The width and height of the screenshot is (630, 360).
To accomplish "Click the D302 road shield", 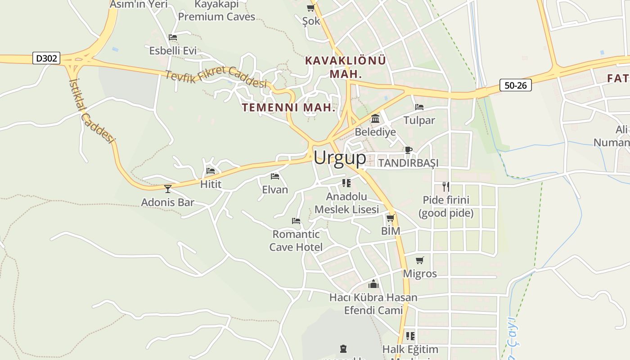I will pos(46,58).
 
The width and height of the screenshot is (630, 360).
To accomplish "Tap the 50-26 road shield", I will pos(515,85).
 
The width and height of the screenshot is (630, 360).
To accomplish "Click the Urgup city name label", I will pos(340,158).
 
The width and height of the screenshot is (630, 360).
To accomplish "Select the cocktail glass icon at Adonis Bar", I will pos(168,189).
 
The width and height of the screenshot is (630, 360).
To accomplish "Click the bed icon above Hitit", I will pos(210,171).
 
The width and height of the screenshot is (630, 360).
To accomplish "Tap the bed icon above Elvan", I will pos(275,176).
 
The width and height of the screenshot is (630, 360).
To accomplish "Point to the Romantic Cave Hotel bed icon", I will pos(296,221).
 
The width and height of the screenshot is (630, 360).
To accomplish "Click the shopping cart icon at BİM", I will pos(390,218).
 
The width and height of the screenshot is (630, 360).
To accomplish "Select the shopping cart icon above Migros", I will pos(419,261).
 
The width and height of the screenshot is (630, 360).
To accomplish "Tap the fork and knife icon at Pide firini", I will pos(445,186).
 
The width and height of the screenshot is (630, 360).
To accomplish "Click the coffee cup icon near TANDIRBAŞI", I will pos(408,150).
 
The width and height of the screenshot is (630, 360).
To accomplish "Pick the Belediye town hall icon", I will pos(375,119).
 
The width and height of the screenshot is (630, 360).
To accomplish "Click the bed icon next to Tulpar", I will pos(419,107).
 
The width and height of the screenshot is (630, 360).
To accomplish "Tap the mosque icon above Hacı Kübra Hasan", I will pos(373,284).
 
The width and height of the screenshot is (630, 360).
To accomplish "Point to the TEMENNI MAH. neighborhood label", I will pos(289,108).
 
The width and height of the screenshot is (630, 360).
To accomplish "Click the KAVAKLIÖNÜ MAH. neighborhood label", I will pos(346,67).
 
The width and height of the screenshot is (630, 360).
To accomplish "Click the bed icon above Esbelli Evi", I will pos(172,37).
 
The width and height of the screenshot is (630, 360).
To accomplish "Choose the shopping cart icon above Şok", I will pos(310,8).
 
